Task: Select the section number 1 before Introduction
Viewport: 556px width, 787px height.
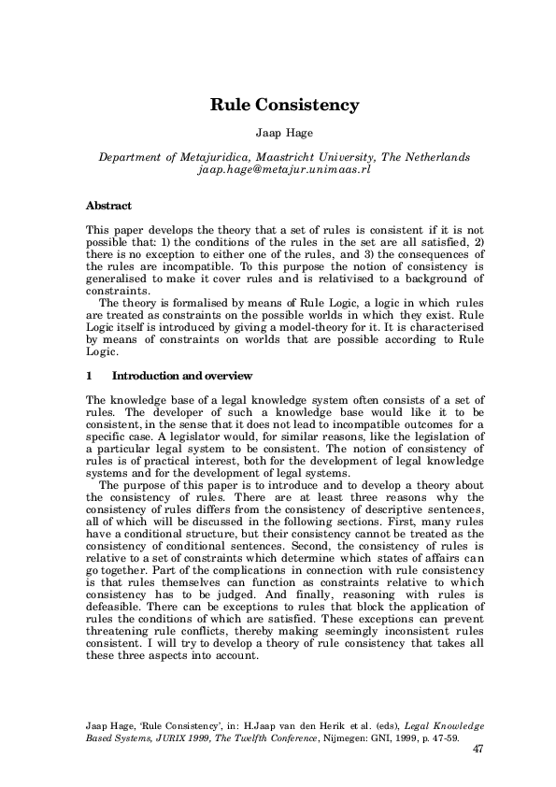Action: tap(88, 376)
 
